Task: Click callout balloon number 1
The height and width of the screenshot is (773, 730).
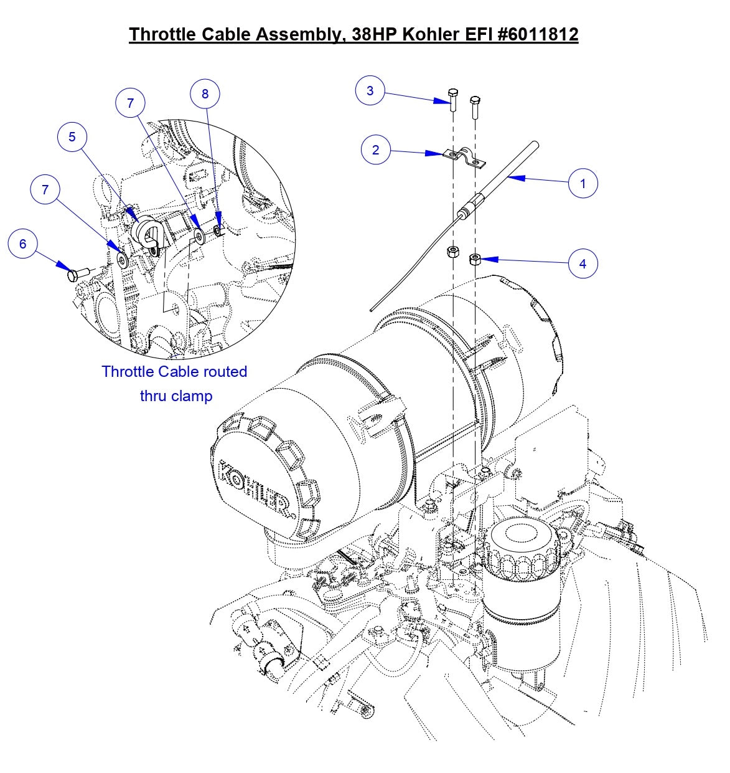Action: (x=583, y=183)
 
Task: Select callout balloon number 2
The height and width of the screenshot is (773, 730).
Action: (x=375, y=150)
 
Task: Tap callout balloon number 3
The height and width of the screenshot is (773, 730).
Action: (x=370, y=91)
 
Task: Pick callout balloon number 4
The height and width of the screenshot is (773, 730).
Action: (x=583, y=263)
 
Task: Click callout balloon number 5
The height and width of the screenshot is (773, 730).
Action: (x=72, y=137)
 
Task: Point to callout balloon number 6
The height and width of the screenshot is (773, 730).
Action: (x=23, y=244)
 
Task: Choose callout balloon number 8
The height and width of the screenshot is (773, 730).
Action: (x=205, y=94)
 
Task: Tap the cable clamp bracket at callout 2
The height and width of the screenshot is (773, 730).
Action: (x=464, y=158)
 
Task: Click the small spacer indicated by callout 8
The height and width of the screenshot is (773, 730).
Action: (x=218, y=231)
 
